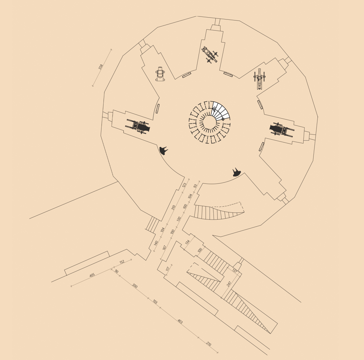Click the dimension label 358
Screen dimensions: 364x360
pos(101,67)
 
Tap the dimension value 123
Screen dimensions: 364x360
pos(184,185)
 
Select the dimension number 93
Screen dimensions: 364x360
pos(195,186)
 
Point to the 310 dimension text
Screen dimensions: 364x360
pos(173,208)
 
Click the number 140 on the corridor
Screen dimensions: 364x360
pos(156,243)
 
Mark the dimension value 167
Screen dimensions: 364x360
pos(164,248)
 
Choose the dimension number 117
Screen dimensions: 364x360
pos(168,269)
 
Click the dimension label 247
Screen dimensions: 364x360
pos(229,284)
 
